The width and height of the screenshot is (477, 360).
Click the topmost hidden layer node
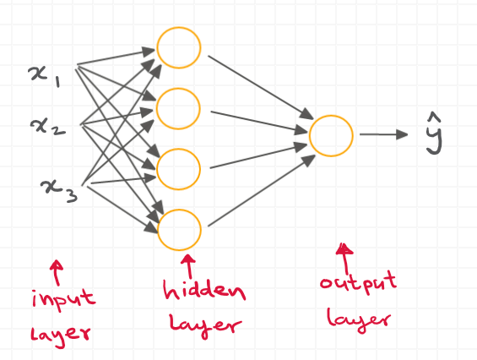[179, 49]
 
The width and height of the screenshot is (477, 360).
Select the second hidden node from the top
[179, 107]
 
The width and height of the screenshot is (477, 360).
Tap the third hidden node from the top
[179, 166]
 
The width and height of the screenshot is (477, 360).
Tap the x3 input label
[58, 183]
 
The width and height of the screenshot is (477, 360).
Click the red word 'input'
[64, 301]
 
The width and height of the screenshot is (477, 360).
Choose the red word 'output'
[355, 286]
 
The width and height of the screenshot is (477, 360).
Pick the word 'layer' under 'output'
[359, 318]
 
